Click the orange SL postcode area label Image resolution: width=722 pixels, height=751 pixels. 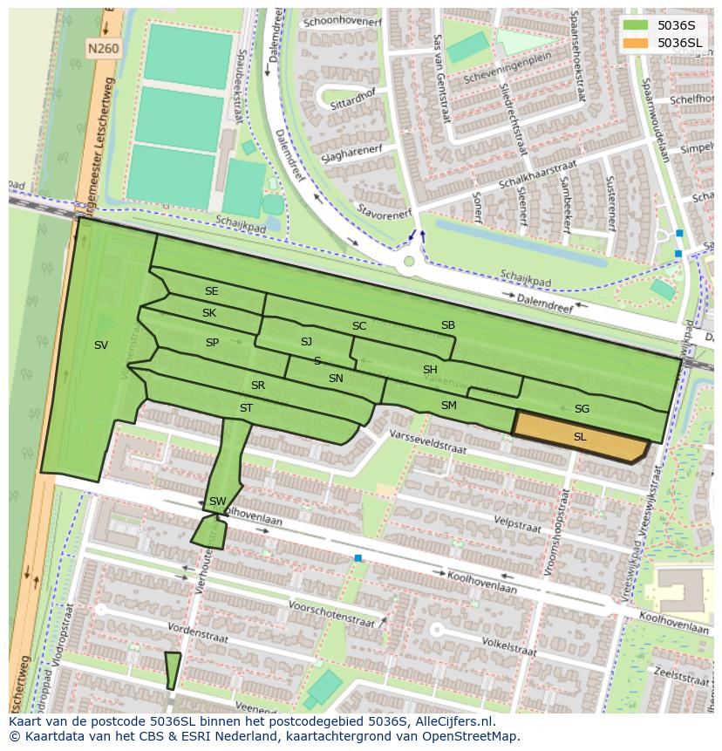coord(580,436)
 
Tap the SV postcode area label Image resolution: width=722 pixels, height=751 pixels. coord(101,345)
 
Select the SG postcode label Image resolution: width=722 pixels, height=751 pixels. coord(582,408)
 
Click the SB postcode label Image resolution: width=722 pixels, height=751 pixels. coord(447,325)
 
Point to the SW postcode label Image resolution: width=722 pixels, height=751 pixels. coord(217,501)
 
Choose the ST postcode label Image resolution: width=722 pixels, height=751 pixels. coord(246,407)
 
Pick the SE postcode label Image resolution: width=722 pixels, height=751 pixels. coord(211,290)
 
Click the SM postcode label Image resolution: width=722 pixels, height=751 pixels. coord(448,405)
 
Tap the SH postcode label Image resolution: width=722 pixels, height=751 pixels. coord(429,370)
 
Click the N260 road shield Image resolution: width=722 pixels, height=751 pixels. coord(103,50)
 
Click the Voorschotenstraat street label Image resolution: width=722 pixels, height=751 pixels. coord(330,607)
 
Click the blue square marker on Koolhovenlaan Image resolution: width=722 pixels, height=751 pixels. coord(358,557)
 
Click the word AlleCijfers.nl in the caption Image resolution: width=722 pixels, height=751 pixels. coord(453,721)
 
